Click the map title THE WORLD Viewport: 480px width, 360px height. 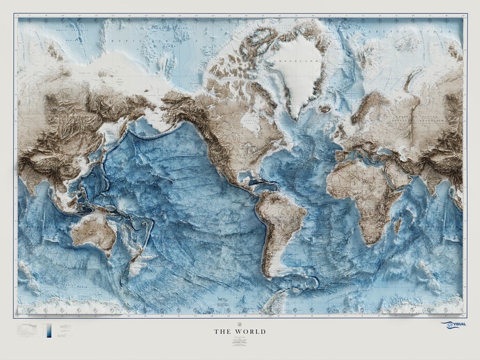[239, 332]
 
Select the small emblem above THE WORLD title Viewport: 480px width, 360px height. [239, 322]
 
